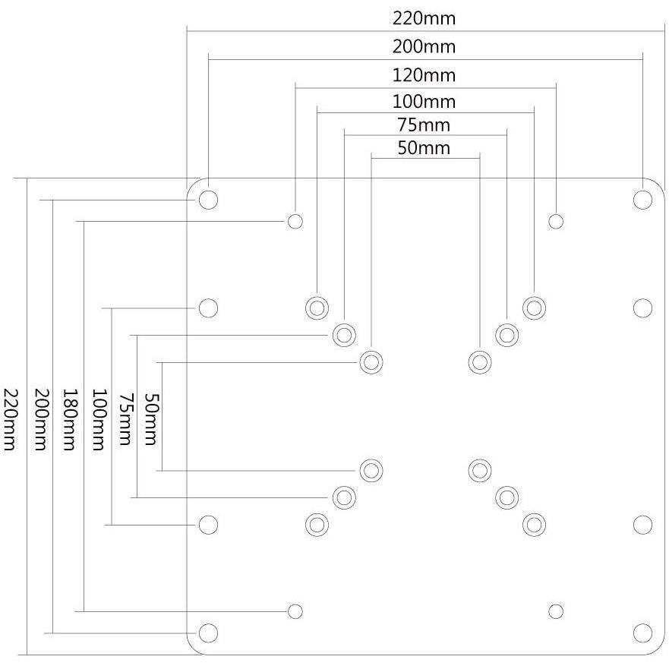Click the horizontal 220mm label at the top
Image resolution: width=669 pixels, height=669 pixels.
(424, 19)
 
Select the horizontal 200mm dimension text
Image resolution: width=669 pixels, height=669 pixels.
(424, 47)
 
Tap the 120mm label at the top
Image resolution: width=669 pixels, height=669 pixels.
(424, 75)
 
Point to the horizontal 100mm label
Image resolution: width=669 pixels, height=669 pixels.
(424, 102)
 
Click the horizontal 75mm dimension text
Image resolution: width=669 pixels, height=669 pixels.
(424, 125)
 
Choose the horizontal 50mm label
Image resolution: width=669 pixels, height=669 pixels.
(424, 149)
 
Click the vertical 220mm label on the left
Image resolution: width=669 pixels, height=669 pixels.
(10, 419)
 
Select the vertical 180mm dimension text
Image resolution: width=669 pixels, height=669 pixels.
(70, 419)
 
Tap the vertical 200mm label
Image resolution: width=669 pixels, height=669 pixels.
(39, 419)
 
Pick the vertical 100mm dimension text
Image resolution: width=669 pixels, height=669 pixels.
(99, 419)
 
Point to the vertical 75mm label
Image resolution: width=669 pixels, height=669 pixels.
(125, 419)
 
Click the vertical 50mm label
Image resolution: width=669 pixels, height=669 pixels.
(150, 419)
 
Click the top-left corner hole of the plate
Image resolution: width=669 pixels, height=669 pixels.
(208, 200)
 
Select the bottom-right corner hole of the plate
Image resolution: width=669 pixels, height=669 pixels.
(642, 633)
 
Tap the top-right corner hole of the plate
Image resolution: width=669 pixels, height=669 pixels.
(642, 200)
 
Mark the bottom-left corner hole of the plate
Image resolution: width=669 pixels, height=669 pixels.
(208, 633)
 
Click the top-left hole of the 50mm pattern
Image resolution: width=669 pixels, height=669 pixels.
(371, 362)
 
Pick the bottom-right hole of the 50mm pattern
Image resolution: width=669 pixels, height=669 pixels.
(480, 471)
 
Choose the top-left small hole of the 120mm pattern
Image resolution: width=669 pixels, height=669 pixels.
(295, 222)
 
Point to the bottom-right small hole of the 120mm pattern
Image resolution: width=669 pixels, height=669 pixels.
(556, 611)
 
